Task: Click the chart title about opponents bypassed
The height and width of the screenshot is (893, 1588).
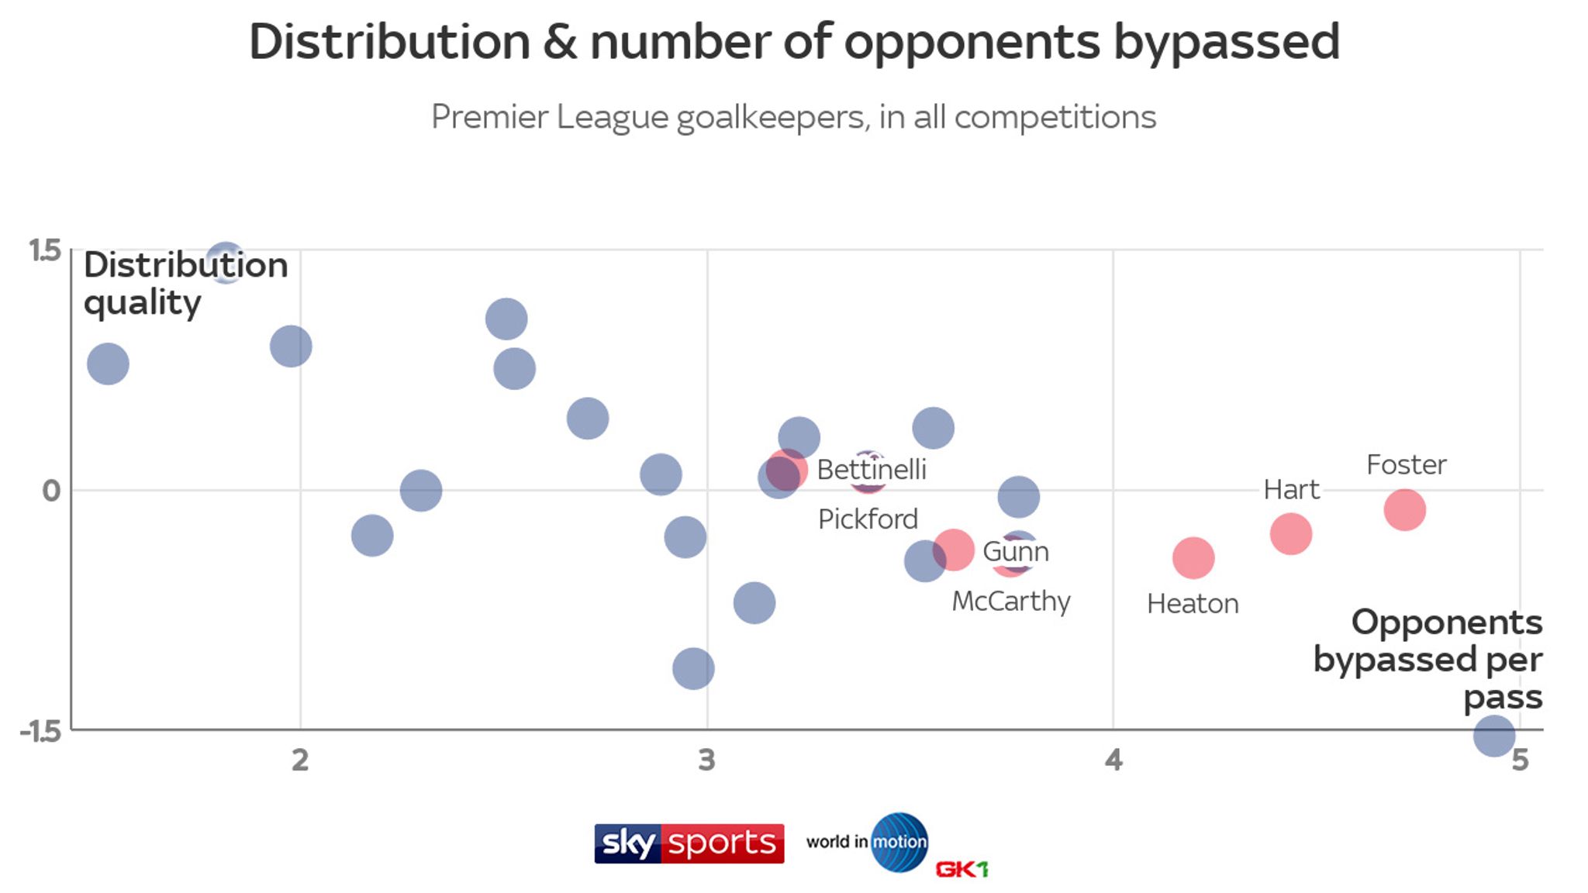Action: click(794, 42)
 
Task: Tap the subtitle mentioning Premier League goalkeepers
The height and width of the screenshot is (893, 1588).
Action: click(793, 117)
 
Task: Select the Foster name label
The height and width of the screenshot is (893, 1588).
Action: click(1406, 465)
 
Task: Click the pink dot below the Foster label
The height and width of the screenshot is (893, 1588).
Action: click(1404, 510)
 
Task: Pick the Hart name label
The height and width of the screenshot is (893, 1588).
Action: click(1291, 490)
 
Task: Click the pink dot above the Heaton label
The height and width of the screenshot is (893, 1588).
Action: click(1193, 557)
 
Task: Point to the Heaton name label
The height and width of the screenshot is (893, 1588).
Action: click(1193, 604)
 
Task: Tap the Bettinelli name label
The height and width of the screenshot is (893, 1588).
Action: click(872, 470)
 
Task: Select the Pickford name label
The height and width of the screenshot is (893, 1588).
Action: click(868, 519)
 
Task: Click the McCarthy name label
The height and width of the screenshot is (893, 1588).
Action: click(1011, 602)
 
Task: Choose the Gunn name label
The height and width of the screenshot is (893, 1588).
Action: click(1016, 552)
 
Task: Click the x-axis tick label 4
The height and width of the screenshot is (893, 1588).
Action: click(1113, 760)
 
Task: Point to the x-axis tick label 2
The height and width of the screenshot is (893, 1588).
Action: click(300, 760)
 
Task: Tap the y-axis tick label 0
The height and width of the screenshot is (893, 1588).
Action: click(51, 491)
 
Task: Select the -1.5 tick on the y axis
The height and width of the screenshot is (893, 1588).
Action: click(41, 731)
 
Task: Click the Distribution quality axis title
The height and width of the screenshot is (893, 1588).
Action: click(185, 284)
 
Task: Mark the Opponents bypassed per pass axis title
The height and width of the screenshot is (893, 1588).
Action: click(1427, 660)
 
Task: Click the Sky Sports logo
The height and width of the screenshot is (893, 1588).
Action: click(689, 843)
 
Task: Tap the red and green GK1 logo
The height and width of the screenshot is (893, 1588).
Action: click(961, 870)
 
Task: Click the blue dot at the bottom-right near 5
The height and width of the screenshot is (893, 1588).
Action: click(1493, 735)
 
